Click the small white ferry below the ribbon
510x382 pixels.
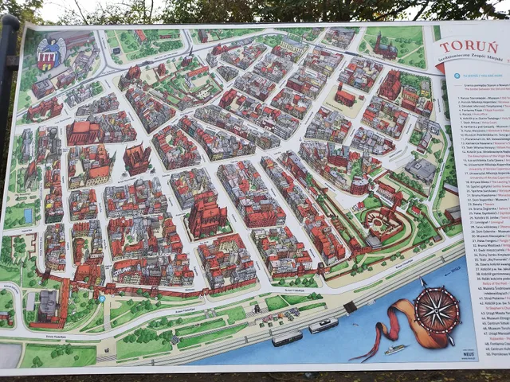tap(396, 349)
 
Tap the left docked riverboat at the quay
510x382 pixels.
tap(287, 337)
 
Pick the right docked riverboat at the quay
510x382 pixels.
tap(323, 325)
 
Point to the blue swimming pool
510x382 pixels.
tap(28, 215)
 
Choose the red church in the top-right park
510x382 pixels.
tap(386, 47)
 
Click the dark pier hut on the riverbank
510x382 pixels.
tap(350, 306)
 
